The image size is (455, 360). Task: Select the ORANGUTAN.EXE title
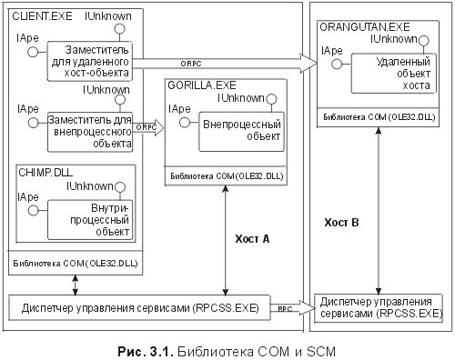361,31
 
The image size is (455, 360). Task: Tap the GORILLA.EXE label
199,84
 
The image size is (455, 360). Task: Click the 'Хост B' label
344,222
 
